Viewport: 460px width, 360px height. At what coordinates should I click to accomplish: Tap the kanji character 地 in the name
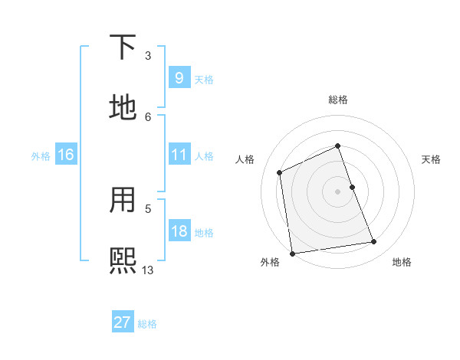click(x=123, y=107)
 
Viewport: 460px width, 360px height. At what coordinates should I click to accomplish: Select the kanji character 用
click(x=123, y=201)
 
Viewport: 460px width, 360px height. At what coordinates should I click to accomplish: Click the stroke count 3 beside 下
click(x=148, y=56)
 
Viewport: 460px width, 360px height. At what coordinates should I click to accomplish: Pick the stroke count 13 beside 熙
click(x=148, y=270)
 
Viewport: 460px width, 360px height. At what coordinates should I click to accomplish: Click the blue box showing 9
click(x=179, y=77)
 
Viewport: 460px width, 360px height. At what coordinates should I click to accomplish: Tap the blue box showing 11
click(x=179, y=155)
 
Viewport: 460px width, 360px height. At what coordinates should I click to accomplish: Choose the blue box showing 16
click(x=65, y=155)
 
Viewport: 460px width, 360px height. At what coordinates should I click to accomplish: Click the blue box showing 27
click(x=122, y=322)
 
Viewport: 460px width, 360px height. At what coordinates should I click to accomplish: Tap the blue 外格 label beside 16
click(x=41, y=156)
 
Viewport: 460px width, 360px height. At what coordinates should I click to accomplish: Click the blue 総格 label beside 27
click(x=147, y=324)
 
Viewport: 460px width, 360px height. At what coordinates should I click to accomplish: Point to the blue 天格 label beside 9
click(x=204, y=79)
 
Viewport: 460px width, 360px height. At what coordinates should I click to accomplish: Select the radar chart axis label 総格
click(x=337, y=100)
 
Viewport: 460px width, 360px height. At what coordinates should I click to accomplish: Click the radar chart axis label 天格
click(x=431, y=159)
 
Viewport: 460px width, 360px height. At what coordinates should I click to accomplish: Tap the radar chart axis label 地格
click(x=402, y=262)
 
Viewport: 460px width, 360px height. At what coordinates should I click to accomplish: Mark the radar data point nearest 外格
click(x=292, y=254)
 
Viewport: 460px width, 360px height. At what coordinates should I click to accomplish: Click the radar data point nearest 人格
click(x=280, y=172)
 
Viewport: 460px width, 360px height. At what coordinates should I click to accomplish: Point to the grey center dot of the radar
click(x=337, y=191)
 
